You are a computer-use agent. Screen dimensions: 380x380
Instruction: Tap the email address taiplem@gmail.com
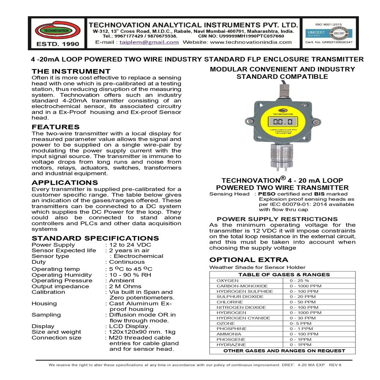point(149,42)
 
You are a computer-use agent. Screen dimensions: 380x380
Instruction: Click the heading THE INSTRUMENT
point(71,71)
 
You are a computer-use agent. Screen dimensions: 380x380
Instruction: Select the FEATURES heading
point(55,127)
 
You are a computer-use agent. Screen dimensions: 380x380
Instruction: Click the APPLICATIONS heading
point(65,183)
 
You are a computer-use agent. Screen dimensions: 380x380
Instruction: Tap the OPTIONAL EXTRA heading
point(249,260)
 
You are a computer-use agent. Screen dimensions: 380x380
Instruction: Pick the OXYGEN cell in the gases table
point(228,280)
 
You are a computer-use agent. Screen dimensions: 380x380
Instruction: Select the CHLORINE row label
point(229,302)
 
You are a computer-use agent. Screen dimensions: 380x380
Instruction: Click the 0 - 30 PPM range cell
point(302,318)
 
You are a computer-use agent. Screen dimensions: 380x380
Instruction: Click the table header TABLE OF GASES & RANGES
point(283,275)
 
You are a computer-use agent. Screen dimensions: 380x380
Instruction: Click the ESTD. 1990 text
point(58,44)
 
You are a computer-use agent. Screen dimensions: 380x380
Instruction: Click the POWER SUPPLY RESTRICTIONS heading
point(277,219)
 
